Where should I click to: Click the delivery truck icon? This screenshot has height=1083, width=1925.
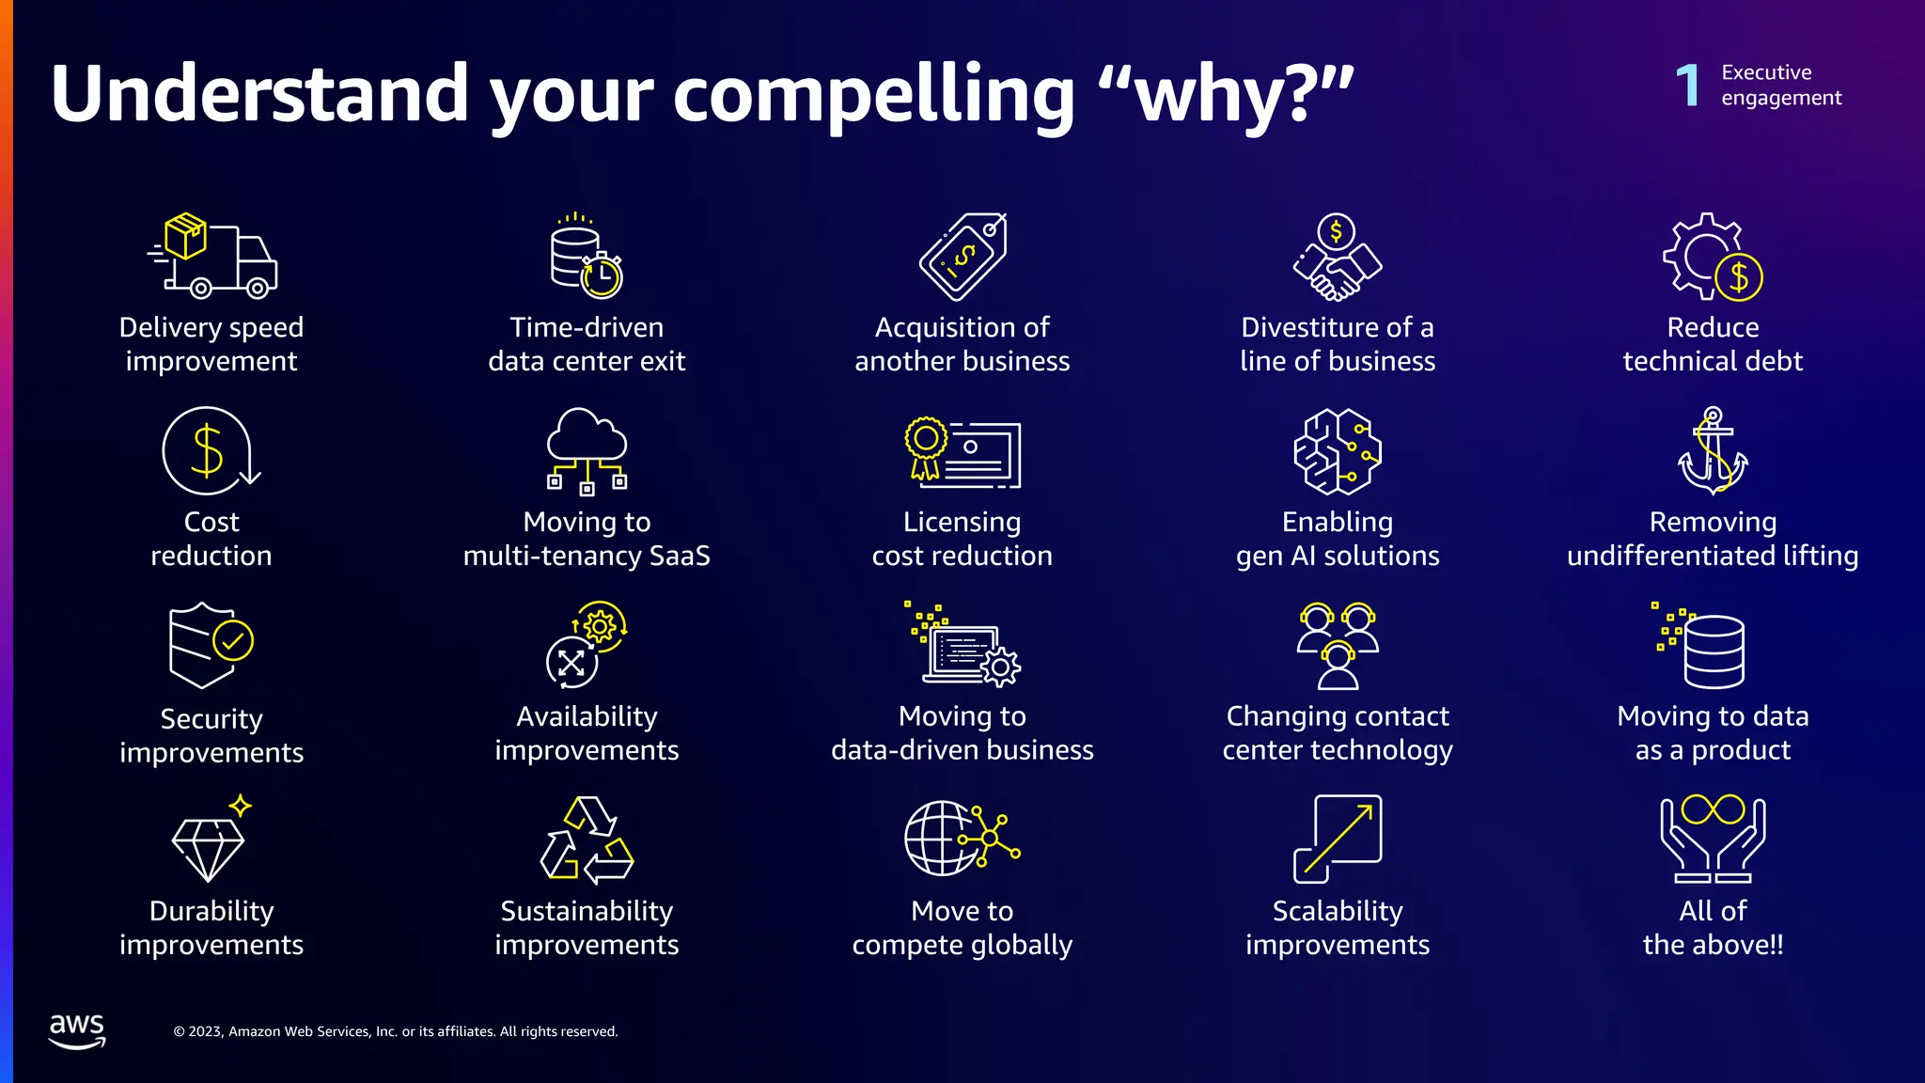coord(212,256)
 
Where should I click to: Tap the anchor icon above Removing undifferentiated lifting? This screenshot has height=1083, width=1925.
coord(1713,451)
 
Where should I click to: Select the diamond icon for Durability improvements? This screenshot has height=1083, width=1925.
coord(210,844)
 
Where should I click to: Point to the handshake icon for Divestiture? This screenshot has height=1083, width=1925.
coord(1337,259)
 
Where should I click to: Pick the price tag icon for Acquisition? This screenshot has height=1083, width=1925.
coord(962,257)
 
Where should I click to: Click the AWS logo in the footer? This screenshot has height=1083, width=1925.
coord(77,1030)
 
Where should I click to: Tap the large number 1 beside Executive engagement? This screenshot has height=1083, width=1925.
coord(1688,86)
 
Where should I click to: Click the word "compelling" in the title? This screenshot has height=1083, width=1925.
coord(874,95)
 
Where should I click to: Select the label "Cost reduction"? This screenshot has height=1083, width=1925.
coord(211,539)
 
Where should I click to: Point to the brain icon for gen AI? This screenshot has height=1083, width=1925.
coord(1337,451)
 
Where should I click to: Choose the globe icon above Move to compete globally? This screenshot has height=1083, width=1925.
coord(961,839)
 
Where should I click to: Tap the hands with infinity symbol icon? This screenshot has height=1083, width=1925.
coord(1713,839)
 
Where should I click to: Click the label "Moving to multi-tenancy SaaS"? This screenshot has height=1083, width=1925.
coord(587,539)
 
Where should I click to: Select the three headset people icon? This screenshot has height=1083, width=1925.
coord(1337,646)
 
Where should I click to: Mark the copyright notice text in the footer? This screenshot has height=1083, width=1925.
coord(396,1031)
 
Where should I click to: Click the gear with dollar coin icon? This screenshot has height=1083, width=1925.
coord(1712,258)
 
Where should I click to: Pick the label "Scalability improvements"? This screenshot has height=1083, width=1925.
coord(1337,928)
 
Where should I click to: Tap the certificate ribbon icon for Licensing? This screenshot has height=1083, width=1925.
coord(962,452)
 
